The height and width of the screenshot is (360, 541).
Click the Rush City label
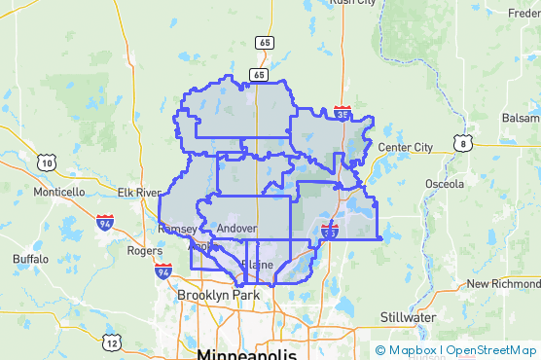[352, 3]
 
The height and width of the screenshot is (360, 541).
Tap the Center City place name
[405, 147]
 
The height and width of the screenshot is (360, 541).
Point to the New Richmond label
[502, 284]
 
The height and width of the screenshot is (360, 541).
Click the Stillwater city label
[407, 317]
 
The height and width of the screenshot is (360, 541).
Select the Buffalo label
[30, 259]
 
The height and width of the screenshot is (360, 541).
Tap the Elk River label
[138, 193]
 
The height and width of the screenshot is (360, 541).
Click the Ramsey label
[176, 229]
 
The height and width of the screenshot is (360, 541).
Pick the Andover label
[236, 229]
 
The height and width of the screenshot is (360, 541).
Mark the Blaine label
[256, 265]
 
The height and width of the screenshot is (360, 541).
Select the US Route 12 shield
[114, 342]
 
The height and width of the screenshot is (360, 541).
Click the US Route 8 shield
[463, 144]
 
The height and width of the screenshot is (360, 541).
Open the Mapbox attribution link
[411, 350]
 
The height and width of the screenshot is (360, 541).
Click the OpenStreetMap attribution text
[491, 350]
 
